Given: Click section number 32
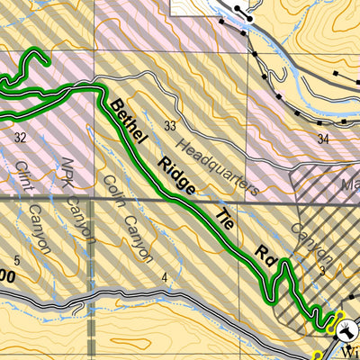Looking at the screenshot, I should click(20, 137).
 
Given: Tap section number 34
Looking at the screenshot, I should click(323, 139).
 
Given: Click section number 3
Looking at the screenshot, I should click(320, 269).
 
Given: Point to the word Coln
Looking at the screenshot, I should click(112, 189).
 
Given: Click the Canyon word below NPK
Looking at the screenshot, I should click(83, 216).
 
